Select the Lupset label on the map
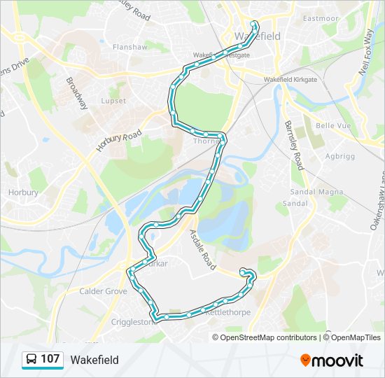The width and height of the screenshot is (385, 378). point(113,101)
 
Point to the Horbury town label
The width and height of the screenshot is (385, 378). point(17,192)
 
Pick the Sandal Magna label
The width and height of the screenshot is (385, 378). point(310,191)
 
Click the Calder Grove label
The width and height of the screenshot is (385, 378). point(102,290)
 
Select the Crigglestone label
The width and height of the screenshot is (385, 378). point(134,322)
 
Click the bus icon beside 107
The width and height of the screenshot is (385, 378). point(31,360)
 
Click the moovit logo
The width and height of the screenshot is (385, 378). point(331,360)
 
